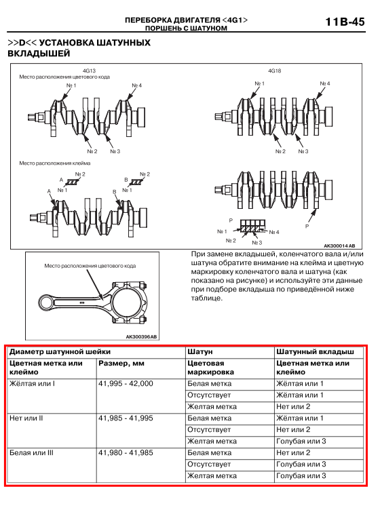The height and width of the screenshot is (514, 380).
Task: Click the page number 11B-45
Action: coord(345,22)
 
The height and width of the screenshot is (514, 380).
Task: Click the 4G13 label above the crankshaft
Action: coord(89,71)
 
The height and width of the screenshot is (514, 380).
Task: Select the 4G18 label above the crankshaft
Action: coord(274,71)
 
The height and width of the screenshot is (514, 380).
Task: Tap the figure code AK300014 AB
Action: coord(339,246)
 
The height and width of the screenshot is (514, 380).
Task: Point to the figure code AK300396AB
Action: coord(141,336)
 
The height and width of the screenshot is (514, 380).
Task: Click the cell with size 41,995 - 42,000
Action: coord(126,384)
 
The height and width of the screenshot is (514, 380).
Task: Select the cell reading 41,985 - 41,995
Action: coord(126,418)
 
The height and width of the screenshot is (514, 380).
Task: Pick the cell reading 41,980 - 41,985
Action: coord(126,453)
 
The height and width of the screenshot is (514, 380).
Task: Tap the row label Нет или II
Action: coord(26,418)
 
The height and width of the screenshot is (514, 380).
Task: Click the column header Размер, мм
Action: coord(121,363)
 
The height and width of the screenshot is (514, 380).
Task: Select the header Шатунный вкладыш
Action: coord(315,352)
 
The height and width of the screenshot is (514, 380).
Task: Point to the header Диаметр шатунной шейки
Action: coord(60,352)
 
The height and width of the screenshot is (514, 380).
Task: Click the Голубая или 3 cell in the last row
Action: coord(301,475)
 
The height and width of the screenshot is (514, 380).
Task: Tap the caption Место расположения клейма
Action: coord(55,163)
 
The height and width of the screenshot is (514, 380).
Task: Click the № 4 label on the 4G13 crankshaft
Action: coord(136,85)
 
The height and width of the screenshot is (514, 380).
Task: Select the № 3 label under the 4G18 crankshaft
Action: coord(303,151)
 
